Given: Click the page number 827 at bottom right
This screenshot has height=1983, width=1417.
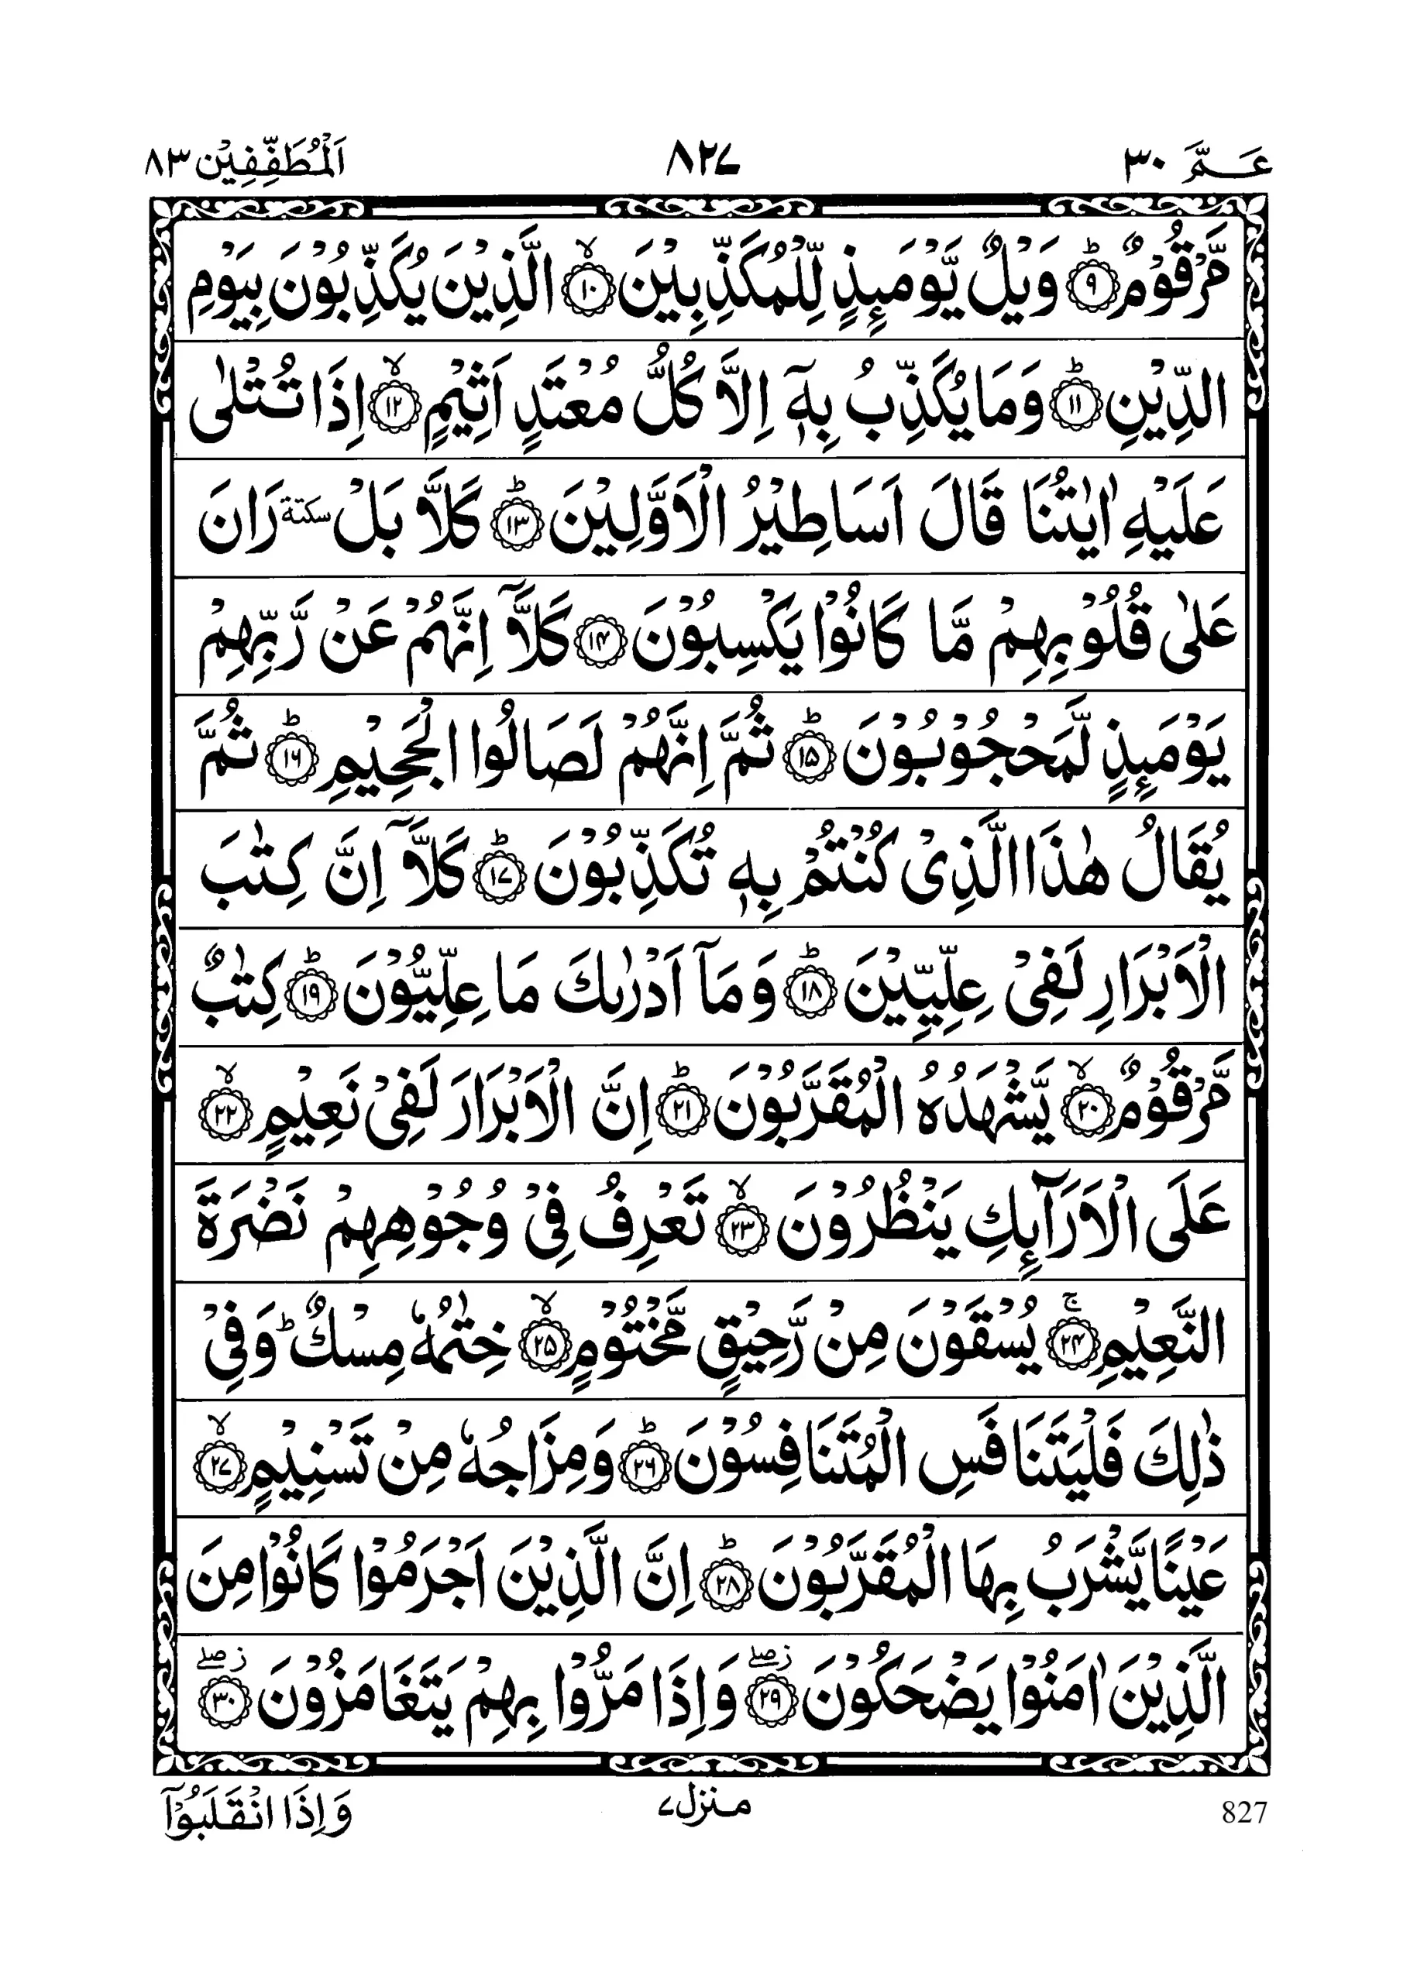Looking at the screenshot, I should point(1243,1812).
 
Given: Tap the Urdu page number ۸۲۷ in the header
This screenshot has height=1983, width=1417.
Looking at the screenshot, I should point(703,160).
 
